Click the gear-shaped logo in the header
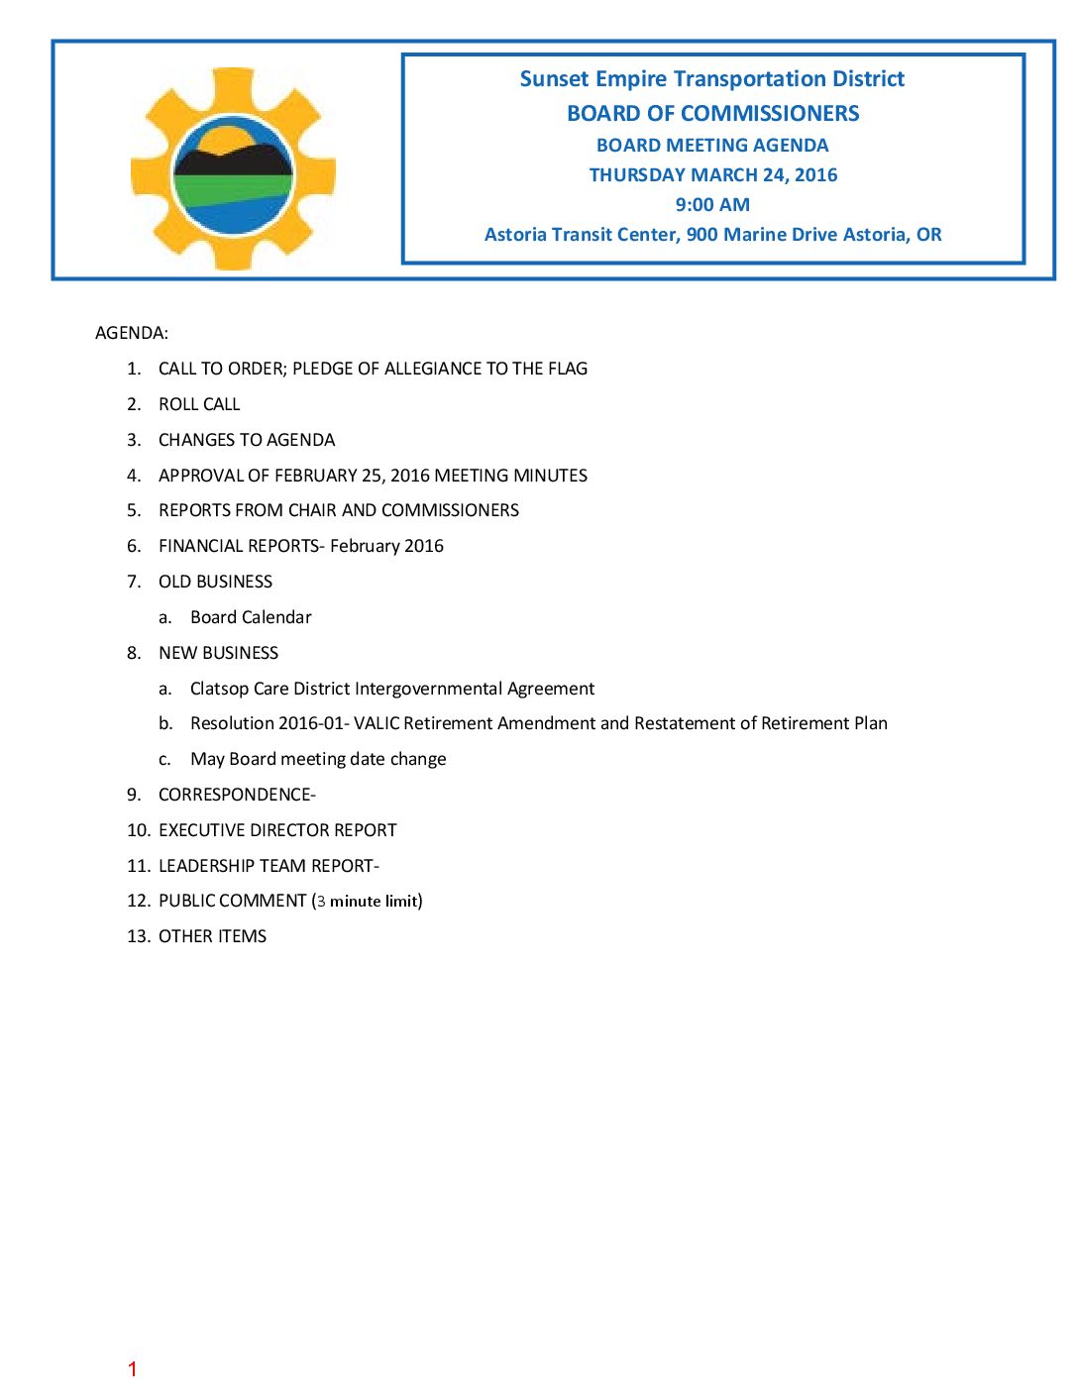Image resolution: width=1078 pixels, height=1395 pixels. tap(233, 169)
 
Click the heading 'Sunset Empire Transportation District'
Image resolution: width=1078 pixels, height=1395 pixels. tap(711, 79)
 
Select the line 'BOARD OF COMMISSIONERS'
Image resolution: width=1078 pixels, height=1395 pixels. tap(712, 114)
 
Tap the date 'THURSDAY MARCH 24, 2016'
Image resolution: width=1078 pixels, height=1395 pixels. tap(712, 175)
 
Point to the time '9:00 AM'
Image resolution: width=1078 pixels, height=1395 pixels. tap(712, 205)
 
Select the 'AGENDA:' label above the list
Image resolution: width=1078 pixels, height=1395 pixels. tap(132, 333)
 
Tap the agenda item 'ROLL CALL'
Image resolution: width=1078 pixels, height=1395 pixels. tap(199, 404)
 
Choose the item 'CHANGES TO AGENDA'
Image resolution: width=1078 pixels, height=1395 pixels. tap(247, 440)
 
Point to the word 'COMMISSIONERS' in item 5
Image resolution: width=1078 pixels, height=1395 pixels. tap(450, 510)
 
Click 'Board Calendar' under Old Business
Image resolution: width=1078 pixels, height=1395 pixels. tap(251, 617)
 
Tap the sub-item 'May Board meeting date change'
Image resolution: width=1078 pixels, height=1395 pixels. tap(318, 759)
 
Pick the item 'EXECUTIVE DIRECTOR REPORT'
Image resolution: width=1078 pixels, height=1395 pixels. tap(277, 830)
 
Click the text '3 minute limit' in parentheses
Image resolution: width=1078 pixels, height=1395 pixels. tap(368, 902)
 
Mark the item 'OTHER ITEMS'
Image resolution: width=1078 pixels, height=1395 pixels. tap(212, 936)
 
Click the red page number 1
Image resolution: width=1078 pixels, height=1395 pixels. tap(132, 1369)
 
